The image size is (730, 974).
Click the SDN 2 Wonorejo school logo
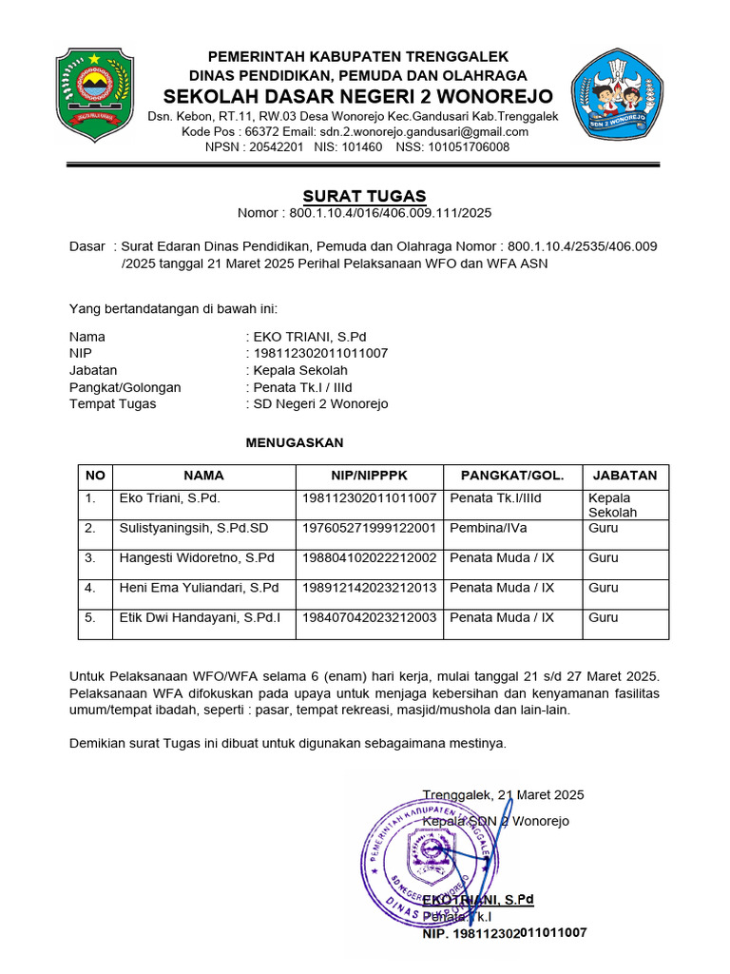tap(621, 95)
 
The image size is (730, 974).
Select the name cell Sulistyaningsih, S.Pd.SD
tap(193, 528)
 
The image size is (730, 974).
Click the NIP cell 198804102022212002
tap(369, 558)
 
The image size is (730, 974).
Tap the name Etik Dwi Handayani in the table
tap(200, 618)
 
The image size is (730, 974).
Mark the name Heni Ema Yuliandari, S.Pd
tap(199, 588)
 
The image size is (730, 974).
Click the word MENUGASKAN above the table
tap(295, 443)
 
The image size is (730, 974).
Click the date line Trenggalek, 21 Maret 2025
tap(503, 795)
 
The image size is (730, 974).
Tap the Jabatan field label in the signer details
tap(93, 370)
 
